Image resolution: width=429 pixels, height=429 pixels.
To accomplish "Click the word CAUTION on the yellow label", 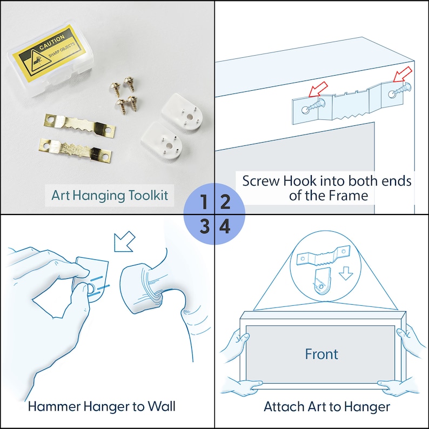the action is click(x=52, y=42).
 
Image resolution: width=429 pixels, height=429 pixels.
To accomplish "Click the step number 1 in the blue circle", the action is click(x=204, y=202).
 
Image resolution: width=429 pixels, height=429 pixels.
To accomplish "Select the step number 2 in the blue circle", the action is click(x=225, y=202).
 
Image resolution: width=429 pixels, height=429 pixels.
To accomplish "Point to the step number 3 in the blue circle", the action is click(x=204, y=226).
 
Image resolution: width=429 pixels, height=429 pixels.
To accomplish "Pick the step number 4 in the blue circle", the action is click(x=225, y=226).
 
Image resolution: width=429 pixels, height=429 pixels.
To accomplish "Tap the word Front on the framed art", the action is click(x=321, y=354).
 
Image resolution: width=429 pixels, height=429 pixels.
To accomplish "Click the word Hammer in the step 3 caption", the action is click(x=53, y=406).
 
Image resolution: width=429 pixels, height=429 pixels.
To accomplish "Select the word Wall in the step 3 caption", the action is click(x=162, y=406).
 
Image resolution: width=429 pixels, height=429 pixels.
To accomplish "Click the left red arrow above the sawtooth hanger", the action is click(x=318, y=89).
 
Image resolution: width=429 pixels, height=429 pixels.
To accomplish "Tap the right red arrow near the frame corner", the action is click(x=403, y=75).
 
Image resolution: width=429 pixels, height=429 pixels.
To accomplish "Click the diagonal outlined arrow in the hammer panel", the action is click(x=124, y=242).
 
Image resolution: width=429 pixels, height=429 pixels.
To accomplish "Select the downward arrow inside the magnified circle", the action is click(x=346, y=273).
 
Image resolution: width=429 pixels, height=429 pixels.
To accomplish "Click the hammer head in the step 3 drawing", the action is click(x=140, y=288).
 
